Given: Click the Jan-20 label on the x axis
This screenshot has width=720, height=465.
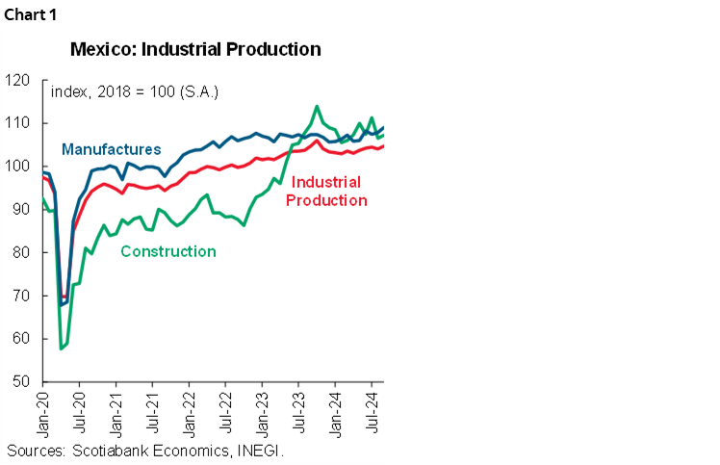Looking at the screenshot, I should click(x=43, y=414).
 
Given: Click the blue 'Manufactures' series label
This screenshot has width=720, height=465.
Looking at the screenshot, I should click(x=111, y=149).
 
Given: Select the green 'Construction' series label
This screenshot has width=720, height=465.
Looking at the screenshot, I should click(x=167, y=251).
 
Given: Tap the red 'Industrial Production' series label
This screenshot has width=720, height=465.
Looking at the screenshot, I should click(x=326, y=192).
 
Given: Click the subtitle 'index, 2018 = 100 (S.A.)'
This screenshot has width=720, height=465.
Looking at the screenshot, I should click(x=134, y=92).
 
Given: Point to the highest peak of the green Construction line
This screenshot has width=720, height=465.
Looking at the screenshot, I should click(x=317, y=106).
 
